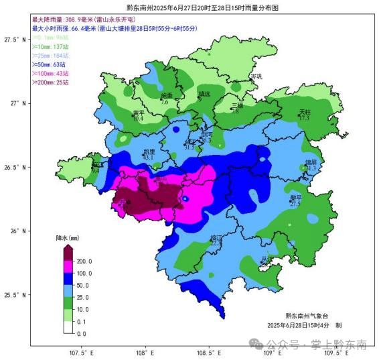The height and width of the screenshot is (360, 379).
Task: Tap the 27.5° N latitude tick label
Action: point(13,40)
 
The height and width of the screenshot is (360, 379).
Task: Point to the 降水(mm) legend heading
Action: point(68,238)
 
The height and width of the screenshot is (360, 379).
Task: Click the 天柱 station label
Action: point(305,111)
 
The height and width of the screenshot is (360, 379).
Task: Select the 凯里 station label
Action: point(148,152)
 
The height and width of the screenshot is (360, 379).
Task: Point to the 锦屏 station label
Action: point(311,162)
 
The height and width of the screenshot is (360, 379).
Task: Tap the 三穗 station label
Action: point(238,105)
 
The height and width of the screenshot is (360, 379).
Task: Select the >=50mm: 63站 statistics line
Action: point(53,64)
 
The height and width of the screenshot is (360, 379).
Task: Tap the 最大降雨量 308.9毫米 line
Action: point(85,20)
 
